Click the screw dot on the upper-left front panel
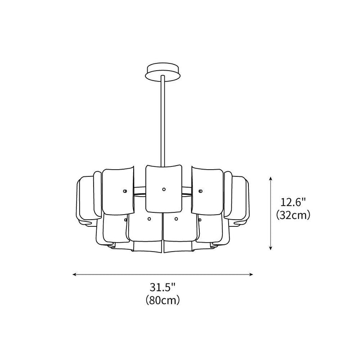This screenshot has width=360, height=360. [x=121, y=191]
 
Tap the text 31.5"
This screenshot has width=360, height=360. [x=162, y=287]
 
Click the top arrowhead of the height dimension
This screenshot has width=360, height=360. [x=270, y=179]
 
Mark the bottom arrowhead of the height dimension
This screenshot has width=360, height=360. [x=270, y=248]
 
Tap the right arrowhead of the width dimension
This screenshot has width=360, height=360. [x=252, y=274]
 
